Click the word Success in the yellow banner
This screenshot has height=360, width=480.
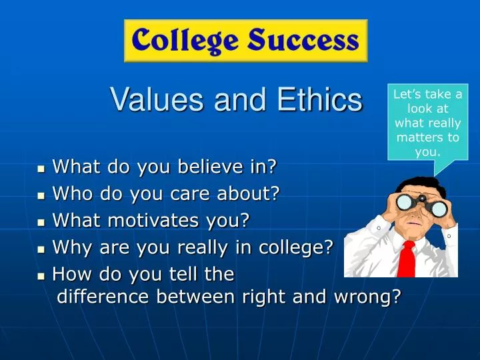303,41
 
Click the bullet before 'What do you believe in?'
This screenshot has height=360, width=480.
41,167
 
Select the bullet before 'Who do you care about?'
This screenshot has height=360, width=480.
41,194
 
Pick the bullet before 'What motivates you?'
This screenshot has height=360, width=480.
41,221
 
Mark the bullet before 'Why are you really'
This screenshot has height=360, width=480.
41,249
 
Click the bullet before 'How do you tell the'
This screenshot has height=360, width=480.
41,275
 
